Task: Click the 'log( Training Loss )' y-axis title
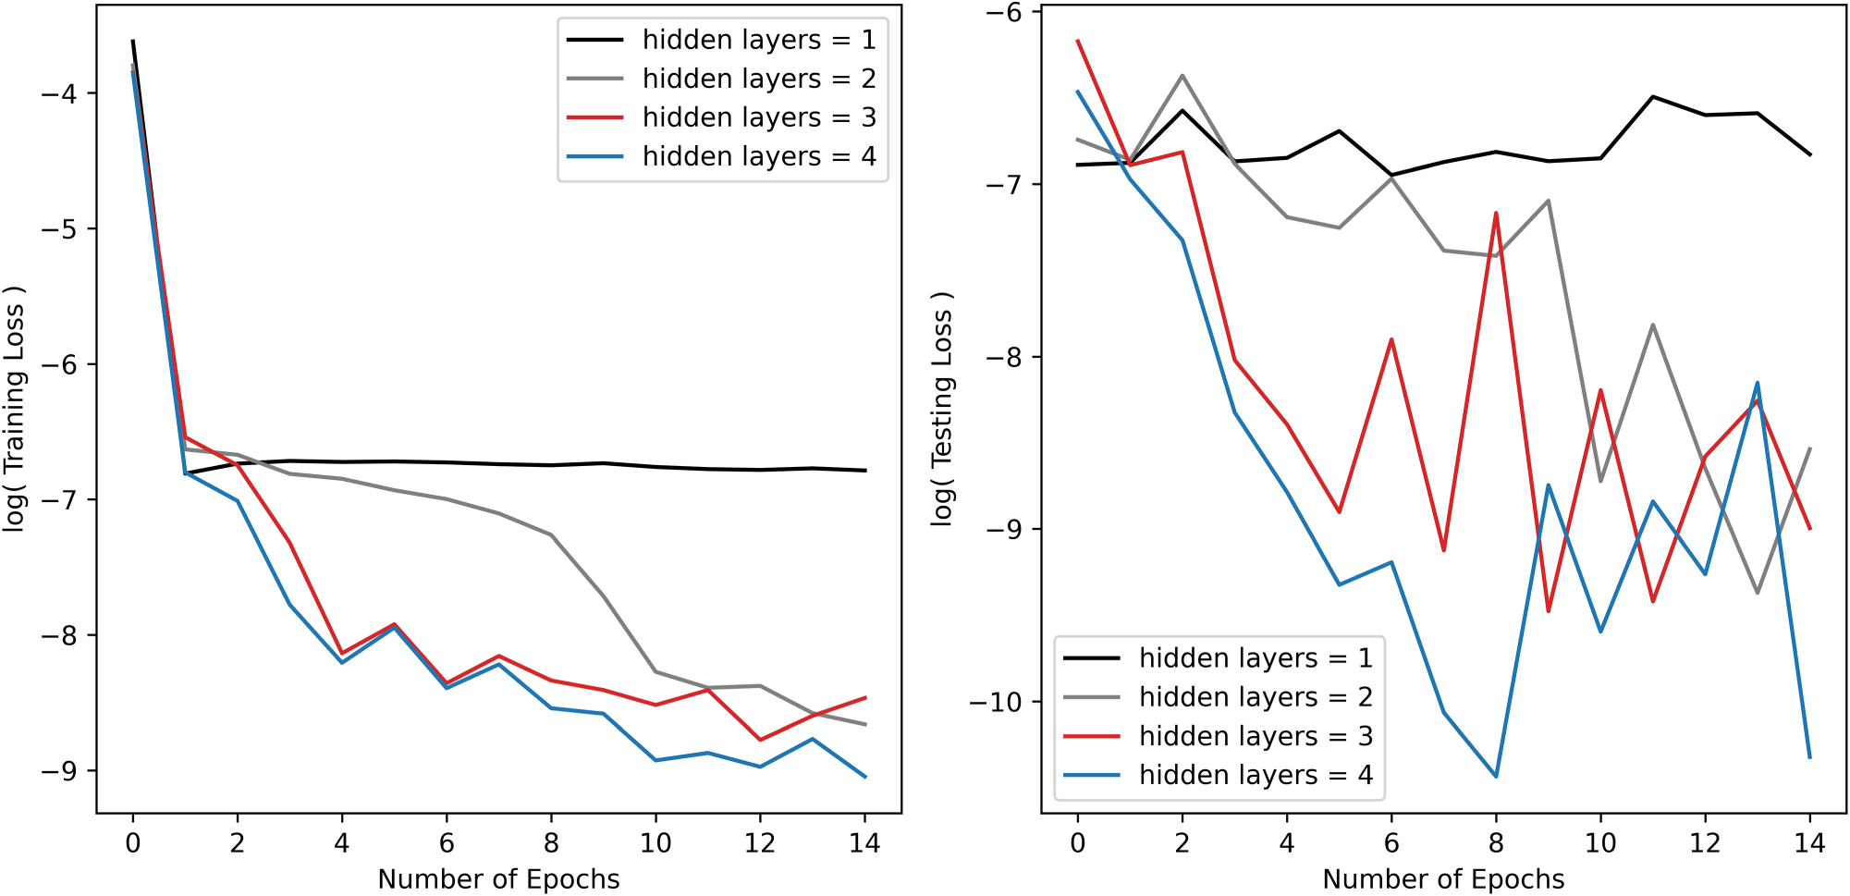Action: click(14, 408)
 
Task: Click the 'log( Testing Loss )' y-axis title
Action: click(941, 408)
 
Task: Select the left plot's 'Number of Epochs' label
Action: click(498, 878)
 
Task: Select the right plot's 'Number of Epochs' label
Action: click(1443, 878)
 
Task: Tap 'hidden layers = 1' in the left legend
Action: click(758, 40)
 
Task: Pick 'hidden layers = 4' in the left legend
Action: click(758, 156)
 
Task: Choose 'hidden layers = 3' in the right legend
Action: click(1255, 736)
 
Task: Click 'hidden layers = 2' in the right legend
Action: click(1255, 696)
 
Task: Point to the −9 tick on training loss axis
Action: click(60, 771)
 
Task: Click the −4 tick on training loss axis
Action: click(60, 93)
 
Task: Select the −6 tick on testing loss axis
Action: click(1004, 12)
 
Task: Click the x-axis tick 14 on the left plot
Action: click(864, 843)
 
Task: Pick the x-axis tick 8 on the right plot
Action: click(1496, 843)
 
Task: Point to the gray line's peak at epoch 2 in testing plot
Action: click(1182, 76)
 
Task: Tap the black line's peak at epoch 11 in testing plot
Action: click(1653, 96)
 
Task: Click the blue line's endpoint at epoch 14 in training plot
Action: click(865, 777)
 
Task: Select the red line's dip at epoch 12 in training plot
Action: click(760, 740)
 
